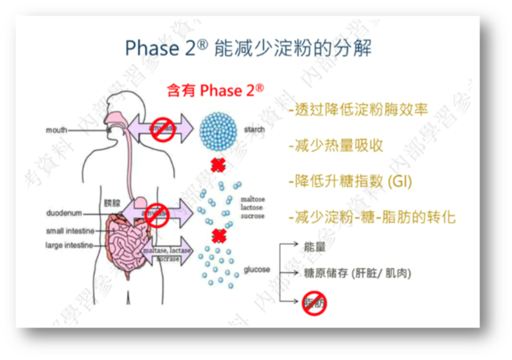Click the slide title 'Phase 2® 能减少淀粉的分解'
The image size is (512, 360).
click(248, 48)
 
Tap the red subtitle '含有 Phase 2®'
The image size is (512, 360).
click(215, 91)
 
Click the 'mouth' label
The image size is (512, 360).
click(57, 130)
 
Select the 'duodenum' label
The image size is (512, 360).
click(65, 211)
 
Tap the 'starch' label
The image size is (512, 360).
click(253, 130)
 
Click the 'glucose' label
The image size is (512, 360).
click(256, 269)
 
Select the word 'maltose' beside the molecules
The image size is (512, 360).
click(252, 200)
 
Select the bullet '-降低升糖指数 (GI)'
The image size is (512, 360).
click(349, 180)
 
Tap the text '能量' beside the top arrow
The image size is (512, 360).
click(315, 248)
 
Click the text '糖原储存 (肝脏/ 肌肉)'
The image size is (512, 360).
click(357, 273)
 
